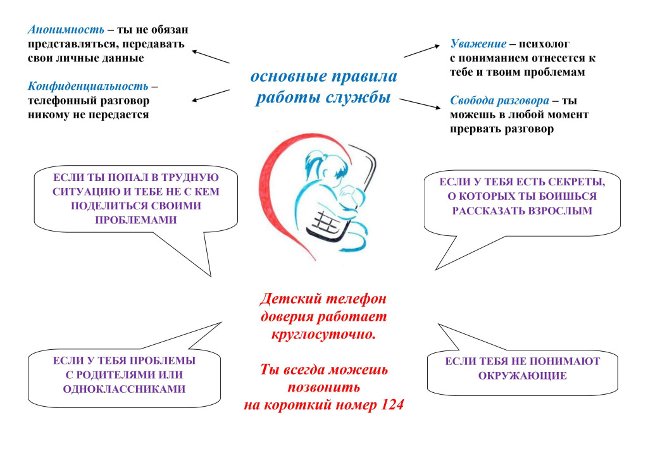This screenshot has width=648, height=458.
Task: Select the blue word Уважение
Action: click(x=478, y=44)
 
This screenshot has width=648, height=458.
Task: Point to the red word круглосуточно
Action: click(x=323, y=334)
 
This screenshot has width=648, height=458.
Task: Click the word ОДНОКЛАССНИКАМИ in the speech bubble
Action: click(x=124, y=389)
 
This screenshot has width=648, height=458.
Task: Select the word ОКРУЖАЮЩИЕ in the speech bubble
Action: click(x=522, y=376)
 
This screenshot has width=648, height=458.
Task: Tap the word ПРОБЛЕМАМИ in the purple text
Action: click(x=135, y=220)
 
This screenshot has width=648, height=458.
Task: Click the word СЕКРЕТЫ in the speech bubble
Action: click(x=578, y=182)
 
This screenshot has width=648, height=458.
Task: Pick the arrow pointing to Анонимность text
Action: click(x=210, y=57)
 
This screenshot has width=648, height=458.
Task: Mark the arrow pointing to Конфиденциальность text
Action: click(x=210, y=95)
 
